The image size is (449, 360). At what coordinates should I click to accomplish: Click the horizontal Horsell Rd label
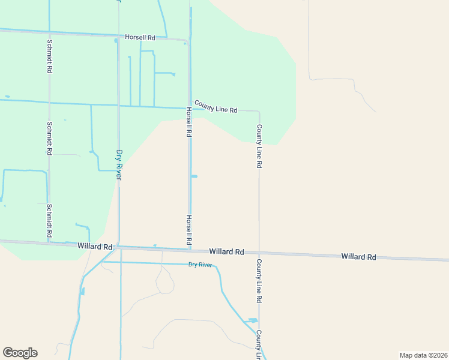click(x=140, y=37)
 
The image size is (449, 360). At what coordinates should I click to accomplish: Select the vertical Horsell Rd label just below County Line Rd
click(x=188, y=122)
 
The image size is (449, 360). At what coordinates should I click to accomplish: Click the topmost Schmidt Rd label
click(x=49, y=56)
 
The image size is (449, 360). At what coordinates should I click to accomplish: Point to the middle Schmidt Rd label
click(x=49, y=139)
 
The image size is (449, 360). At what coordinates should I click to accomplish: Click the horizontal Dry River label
click(x=201, y=265)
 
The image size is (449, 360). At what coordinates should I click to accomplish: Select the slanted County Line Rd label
click(x=216, y=108)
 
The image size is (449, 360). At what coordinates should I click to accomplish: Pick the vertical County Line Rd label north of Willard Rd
click(x=259, y=146)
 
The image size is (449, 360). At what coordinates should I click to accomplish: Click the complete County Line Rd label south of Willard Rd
click(x=259, y=281)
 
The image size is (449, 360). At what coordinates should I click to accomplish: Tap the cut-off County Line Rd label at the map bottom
click(x=259, y=344)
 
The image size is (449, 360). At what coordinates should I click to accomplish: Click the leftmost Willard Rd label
click(x=95, y=247)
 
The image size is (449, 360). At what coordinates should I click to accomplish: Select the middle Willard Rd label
click(x=226, y=252)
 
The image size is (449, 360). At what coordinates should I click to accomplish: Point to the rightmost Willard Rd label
click(x=358, y=257)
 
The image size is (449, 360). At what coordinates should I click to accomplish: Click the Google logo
click(x=20, y=353)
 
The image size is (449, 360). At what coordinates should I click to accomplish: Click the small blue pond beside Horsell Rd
click(x=194, y=176)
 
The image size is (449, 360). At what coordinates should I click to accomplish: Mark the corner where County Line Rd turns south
click(x=259, y=112)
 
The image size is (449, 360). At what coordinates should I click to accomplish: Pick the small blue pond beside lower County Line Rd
click(x=253, y=321)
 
